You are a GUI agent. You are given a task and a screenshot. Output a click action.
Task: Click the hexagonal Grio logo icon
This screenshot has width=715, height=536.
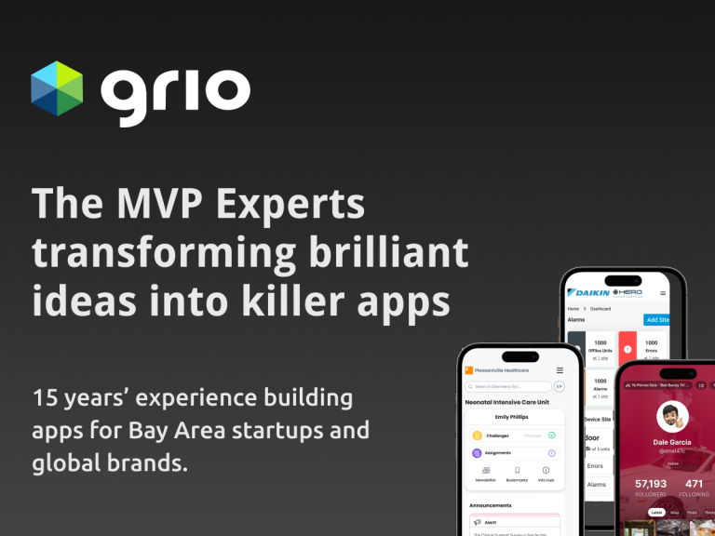[x=57, y=88]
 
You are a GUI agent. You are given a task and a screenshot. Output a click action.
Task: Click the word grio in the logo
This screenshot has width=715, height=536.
[x=176, y=90]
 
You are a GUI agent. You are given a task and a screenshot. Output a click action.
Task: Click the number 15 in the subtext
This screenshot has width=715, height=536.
[x=46, y=399]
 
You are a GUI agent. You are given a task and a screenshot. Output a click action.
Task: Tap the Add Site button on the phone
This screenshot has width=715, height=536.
[x=656, y=319]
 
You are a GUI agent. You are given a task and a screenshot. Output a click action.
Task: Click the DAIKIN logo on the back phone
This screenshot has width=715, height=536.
[x=588, y=292]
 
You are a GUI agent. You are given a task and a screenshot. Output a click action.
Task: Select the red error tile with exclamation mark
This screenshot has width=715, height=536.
[x=627, y=350]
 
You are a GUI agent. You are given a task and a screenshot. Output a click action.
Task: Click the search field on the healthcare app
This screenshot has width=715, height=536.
[x=507, y=386]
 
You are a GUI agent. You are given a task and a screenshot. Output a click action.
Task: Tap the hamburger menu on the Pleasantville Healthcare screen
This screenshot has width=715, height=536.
[x=560, y=370]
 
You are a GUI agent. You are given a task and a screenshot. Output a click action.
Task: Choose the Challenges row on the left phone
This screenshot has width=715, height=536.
[x=513, y=435]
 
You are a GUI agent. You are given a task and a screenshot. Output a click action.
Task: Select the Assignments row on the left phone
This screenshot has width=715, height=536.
[x=513, y=453]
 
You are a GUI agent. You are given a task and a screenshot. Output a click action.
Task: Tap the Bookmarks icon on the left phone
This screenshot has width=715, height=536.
[x=517, y=475]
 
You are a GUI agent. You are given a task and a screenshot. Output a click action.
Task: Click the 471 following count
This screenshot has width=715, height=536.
[x=695, y=484]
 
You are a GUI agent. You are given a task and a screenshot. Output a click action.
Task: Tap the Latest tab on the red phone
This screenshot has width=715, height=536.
[x=657, y=513]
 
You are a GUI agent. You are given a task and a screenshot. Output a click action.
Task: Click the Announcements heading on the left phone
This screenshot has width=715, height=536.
[x=491, y=505]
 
